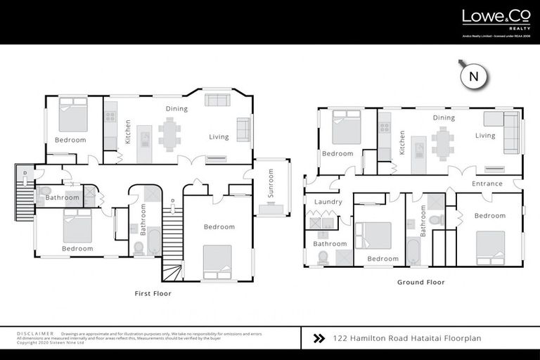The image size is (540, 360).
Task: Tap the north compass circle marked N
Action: [474, 77]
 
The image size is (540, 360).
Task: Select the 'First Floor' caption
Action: [153, 293]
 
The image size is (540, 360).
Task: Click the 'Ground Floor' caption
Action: [420, 282]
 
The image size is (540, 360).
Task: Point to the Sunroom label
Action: [270, 184]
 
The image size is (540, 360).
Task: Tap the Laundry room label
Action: [328, 202]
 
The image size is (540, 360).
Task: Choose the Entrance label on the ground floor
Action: [487, 184]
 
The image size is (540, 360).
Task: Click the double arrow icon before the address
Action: [319, 338]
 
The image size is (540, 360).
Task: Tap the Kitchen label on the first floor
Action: [128, 131]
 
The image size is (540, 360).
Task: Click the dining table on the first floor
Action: [169, 134]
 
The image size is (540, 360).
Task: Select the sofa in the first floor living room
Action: [243, 129]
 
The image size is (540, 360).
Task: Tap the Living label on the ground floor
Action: [485, 136]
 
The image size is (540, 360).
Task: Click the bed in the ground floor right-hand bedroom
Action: [489, 248]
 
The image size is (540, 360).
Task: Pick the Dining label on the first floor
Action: [176, 109]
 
